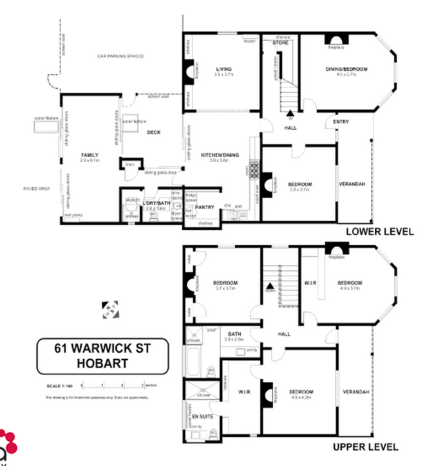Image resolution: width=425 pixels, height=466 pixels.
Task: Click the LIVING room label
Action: pos(224,69)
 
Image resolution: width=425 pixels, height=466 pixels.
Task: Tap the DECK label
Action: pos(153,133)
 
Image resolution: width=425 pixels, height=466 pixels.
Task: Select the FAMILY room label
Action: pos(89,155)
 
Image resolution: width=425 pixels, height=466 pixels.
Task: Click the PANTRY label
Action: pos(205,207)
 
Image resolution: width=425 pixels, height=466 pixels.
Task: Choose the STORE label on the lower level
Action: pos(279,43)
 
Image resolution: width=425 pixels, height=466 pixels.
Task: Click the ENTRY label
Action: pos(341,122)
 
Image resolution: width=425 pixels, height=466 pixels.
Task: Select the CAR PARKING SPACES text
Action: pos(120,57)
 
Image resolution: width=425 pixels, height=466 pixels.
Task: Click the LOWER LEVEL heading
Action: pos(379,231)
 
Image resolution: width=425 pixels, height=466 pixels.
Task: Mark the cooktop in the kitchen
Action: pos(254,171)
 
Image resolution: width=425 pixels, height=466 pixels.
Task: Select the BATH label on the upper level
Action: pos(233,333)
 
